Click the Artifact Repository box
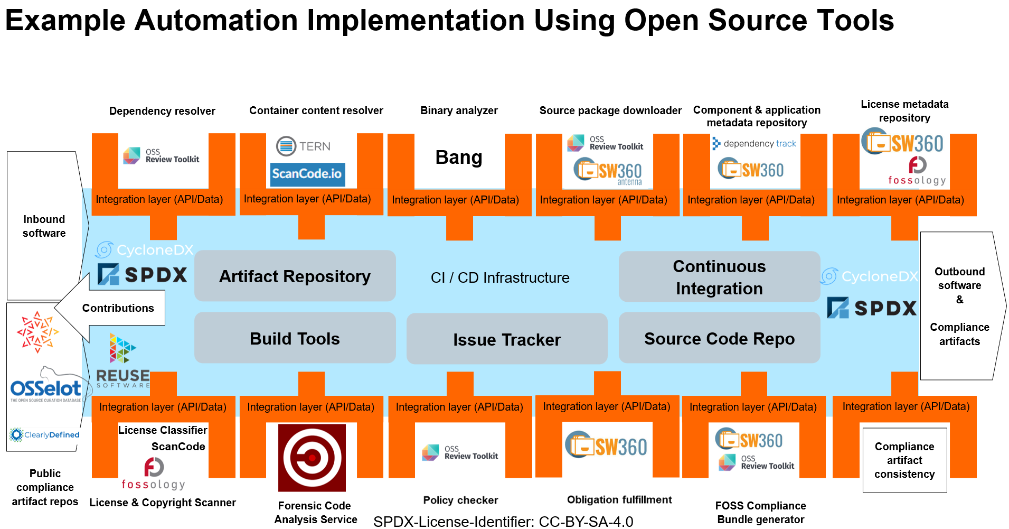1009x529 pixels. click(x=295, y=276)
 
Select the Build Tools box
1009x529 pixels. click(x=295, y=338)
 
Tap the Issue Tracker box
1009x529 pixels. click(x=507, y=339)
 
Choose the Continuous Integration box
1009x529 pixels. click(x=719, y=277)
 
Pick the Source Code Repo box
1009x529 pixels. click(x=719, y=338)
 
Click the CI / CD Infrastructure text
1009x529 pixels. click(x=500, y=277)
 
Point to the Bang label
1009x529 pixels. click(x=459, y=157)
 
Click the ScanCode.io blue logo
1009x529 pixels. click(x=307, y=174)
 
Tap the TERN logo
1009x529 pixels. click(x=304, y=146)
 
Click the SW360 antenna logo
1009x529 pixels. click(x=608, y=170)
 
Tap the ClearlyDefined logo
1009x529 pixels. click(x=45, y=434)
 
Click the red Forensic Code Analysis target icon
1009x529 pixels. click(x=312, y=458)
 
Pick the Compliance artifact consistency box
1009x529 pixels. click(x=904, y=460)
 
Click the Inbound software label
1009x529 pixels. click(x=44, y=226)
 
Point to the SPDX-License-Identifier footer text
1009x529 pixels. click(x=503, y=522)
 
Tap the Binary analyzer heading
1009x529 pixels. click(x=459, y=110)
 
